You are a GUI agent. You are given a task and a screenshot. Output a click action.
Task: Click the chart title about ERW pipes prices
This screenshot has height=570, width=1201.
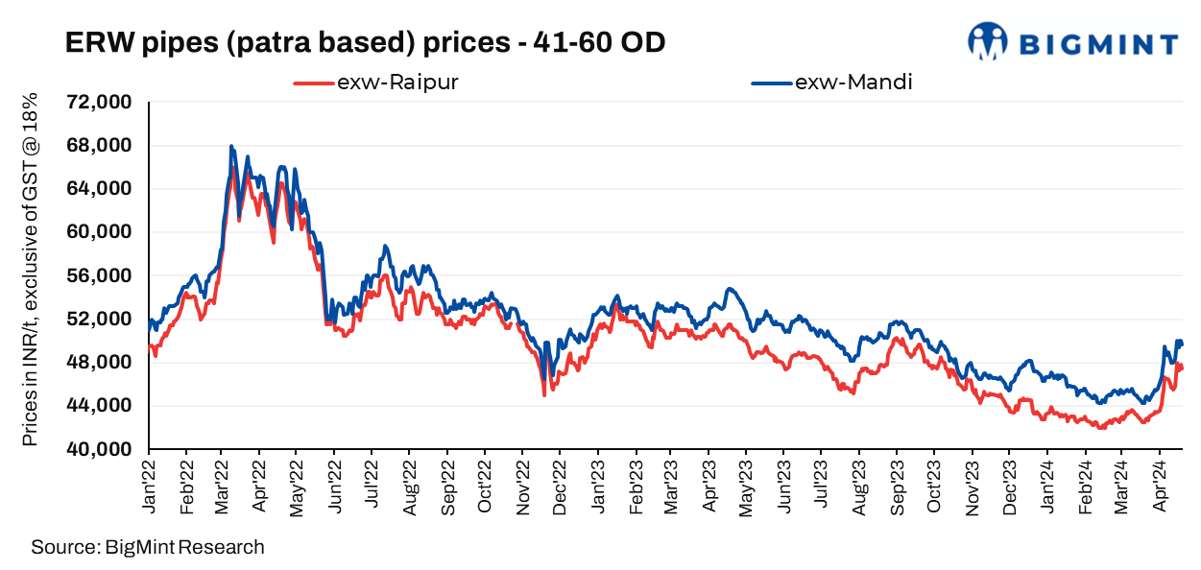pos(365,43)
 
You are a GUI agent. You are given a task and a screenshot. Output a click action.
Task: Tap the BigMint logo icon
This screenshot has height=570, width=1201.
pos(987,41)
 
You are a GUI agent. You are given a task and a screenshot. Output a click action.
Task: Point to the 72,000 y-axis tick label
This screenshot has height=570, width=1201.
pos(99,103)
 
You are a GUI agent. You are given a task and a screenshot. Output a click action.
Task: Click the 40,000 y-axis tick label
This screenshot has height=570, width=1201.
pos(99,449)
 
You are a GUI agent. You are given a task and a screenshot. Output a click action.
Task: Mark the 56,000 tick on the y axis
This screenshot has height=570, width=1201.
pos(99,275)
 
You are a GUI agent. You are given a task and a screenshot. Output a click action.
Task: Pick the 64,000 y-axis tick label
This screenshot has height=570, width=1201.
pos(99,189)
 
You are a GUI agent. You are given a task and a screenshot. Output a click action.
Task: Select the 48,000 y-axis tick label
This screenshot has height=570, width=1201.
pos(99,363)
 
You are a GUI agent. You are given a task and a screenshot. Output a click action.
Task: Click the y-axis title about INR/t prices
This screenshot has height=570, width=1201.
pos(31,270)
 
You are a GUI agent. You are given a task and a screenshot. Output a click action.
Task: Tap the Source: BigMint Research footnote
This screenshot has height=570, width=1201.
pos(147,548)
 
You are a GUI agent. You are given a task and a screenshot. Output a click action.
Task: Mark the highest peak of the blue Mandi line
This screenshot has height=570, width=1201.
pos(231,146)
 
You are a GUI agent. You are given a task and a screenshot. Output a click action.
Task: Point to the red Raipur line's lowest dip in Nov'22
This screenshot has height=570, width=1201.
pos(543,394)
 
